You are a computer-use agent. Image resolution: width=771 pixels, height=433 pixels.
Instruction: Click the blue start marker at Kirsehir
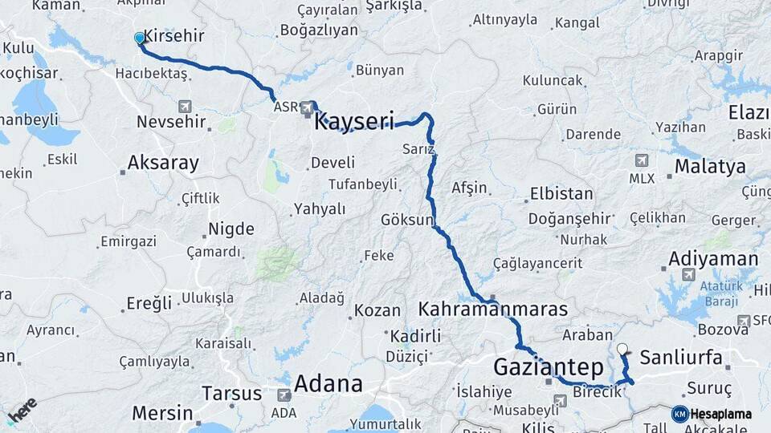click(x=140, y=38)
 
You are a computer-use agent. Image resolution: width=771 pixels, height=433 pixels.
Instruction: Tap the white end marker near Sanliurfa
click(x=622, y=349)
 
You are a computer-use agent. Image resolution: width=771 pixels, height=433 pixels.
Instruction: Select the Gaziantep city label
click(x=548, y=368)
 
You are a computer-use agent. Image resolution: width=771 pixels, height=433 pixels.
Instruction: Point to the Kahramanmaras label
click(x=492, y=309)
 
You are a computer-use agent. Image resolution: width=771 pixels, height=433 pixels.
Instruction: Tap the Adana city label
click(x=328, y=383)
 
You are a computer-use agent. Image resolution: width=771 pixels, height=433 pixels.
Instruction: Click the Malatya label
click(x=710, y=167)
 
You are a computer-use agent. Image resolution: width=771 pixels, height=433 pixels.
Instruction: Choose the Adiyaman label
click(x=712, y=259)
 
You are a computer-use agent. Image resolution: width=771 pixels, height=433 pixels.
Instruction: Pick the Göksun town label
click(x=407, y=219)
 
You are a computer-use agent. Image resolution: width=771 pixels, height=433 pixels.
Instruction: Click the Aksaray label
click(x=163, y=164)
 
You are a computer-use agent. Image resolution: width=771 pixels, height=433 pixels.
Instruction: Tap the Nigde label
click(x=231, y=229)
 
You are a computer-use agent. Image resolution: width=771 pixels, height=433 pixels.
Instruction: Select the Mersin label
click(x=161, y=414)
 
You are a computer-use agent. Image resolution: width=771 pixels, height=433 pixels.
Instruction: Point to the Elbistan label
click(x=561, y=194)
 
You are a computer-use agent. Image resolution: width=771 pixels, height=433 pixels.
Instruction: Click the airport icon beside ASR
click(x=308, y=106)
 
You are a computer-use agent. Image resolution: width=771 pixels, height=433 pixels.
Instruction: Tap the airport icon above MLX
click(x=641, y=160)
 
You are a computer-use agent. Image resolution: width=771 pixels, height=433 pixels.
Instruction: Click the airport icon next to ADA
click(x=284, y=395)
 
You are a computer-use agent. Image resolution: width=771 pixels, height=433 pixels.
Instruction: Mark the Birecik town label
click(x=598, y=392)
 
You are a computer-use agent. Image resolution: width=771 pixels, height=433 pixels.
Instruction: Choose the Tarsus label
click(x=231, y=394)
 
